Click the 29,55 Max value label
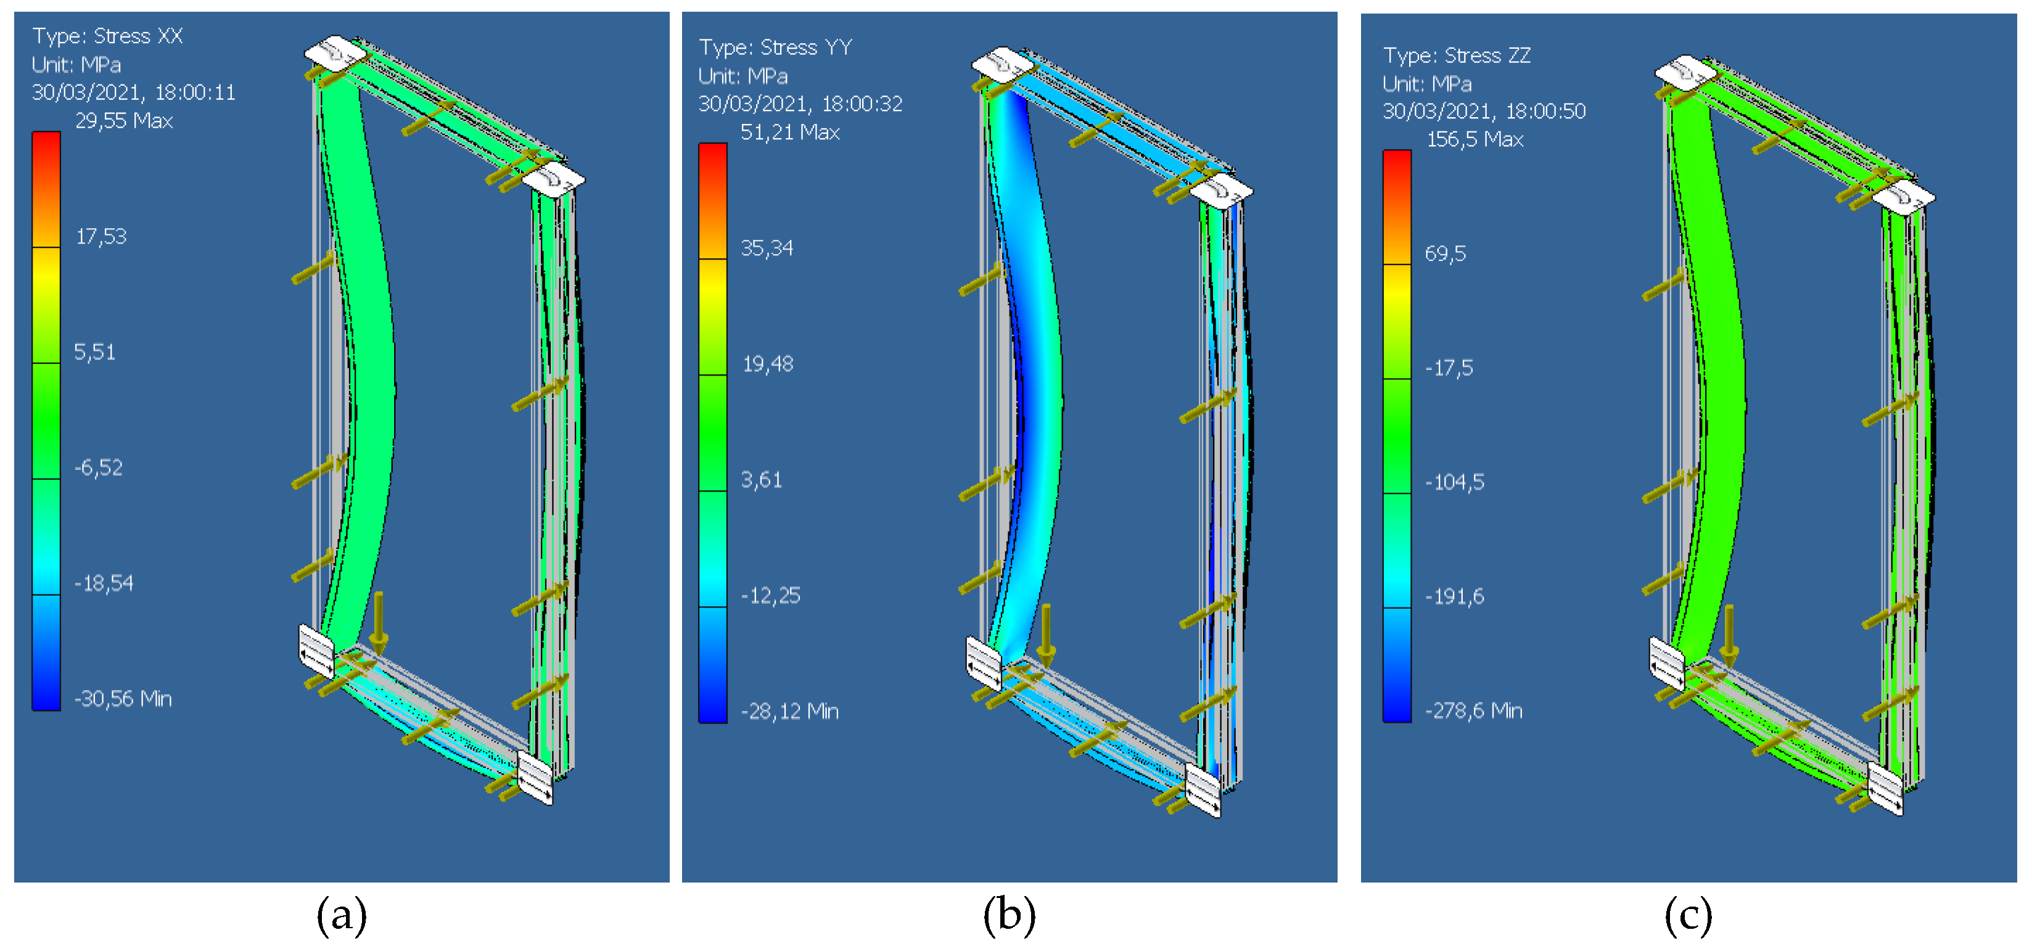click(x=124, y=121)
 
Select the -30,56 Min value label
click(x=123, y=699)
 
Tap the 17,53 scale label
click(x=101, y=237)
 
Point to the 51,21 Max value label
click(x=789, y=133)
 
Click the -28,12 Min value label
click(x=789, y=711)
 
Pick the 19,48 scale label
click(x=768, y=363)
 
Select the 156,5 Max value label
click(x=1475, y=139)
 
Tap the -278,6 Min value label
click(x=1473, y=710)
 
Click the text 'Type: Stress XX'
click(x=107, y=36)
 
